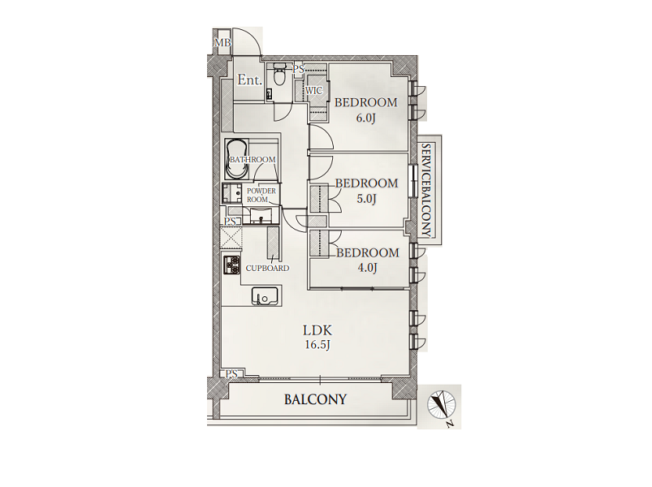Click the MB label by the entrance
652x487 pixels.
click(x=222, y=42)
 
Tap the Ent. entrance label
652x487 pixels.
click(x=249, y=80)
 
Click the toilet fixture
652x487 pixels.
click(x=279, y=75)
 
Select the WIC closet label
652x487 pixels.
click(x=314, y=90)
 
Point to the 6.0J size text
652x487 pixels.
click(x=366, y=118)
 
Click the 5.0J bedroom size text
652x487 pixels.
click(x=366, y=199)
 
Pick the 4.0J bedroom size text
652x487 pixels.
click(x=367, y=268)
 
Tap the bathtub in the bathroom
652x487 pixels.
click(x=236, y=159)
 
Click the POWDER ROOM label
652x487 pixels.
click(x=261, y=196)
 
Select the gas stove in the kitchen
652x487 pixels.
click(x=232, y=265)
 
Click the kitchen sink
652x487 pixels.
click(x=265, y=296)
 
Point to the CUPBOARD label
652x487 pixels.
click(x=267, y=269)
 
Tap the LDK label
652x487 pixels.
click(x=317, y=331)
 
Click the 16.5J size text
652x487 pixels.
click(x=317, y=345)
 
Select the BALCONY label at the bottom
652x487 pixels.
click(x=315, y=399)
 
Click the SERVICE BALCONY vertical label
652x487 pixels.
click(x=425, y=190)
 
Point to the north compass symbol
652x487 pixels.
click(x=442, y=404)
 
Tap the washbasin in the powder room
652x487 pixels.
click(x=261, y=216)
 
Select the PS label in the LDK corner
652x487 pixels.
click(x=231, y=374)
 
